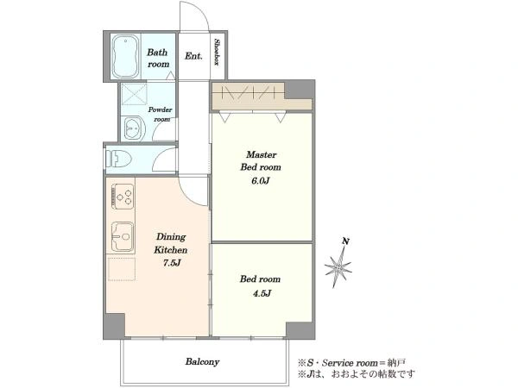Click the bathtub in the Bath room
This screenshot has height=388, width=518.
[125, 56]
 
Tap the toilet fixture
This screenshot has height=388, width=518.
[118, 159]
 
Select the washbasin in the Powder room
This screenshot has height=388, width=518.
[135, 128]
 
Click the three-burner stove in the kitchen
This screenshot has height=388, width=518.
[123, 197]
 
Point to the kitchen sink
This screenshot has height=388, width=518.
[123, 236]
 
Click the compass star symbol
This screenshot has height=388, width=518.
[338, 266]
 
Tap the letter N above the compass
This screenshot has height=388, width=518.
[345, 241]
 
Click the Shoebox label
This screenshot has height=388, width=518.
[218, 52]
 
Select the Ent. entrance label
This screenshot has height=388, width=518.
[193, 56]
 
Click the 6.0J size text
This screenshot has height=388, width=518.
[261, 181]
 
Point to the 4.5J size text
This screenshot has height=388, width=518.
[262, 293]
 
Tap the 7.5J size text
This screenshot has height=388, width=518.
[172, 263]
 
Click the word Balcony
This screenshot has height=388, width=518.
[202, 361]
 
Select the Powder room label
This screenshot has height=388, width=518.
[161, 114]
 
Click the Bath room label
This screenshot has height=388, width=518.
[158, 58]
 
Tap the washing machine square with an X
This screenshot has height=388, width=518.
[134, 94]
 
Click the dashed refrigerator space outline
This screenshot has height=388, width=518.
[122, 269]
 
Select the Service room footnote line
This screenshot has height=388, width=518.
[352, 363]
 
